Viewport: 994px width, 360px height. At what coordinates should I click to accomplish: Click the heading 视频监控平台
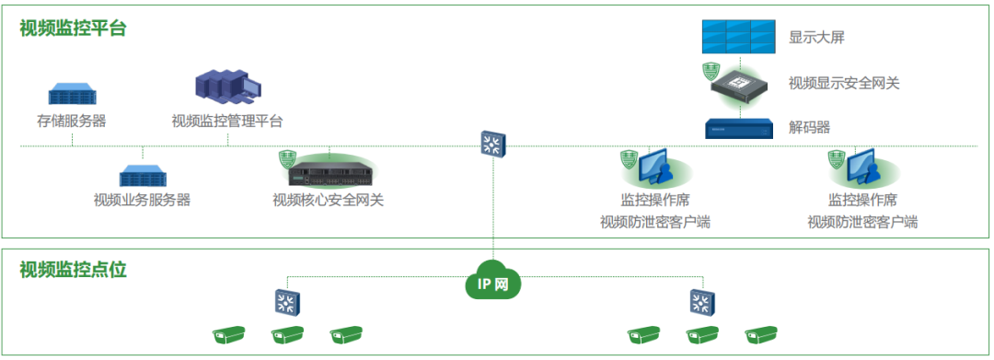[x=73, y=29]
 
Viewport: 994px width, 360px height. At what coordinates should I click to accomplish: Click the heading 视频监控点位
[x=73, y=270]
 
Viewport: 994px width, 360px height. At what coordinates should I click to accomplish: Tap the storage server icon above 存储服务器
[x=74, y=94]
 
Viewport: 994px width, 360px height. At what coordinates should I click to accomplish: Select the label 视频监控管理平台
[x=227, y=121]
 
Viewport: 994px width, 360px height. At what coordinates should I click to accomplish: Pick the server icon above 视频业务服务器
[x=142, y=175]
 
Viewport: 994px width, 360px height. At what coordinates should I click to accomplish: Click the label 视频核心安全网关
[x=328, y=199]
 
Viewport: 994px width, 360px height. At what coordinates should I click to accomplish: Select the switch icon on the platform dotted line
[x=492, y=143]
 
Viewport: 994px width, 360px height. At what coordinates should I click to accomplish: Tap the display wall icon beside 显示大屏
[x=738, y=37]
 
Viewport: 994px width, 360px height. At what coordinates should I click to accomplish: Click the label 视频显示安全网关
[x=844, y=83]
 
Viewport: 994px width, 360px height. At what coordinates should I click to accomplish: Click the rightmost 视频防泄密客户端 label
[x=862, y=222]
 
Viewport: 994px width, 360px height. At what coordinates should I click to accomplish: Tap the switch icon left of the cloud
[x=287, y=300]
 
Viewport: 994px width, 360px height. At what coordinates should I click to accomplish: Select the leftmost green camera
[x=230, y=336]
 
